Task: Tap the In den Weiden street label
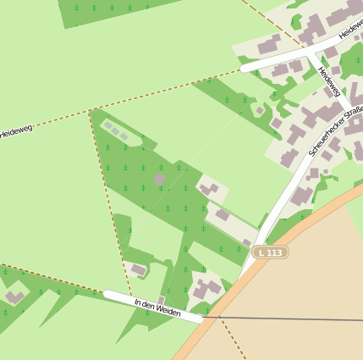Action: (x=157, y=307)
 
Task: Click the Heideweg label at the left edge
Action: (x=15, y=131)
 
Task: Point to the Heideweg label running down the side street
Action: (x=328, y=81)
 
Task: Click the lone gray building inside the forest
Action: (x=159, y=180)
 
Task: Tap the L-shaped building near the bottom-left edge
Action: (x=14, y=297)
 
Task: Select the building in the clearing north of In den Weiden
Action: (x=138, y=270)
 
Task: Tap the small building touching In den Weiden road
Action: (x=162, y=300)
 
